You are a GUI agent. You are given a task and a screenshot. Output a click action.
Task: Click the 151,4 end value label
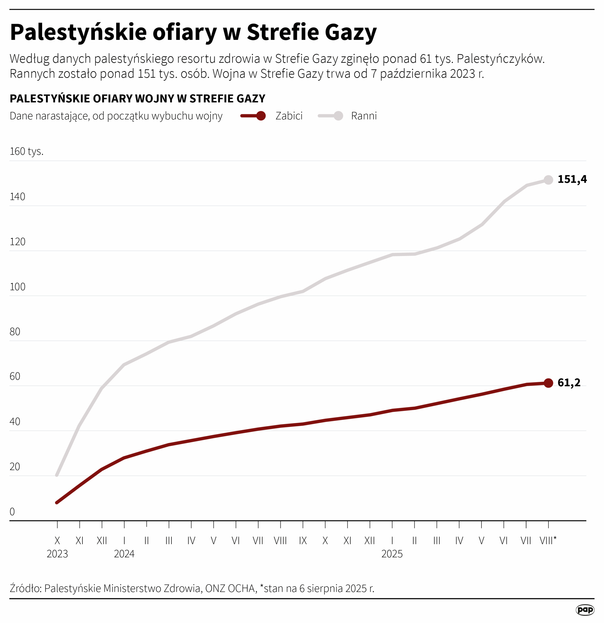click(572, 180)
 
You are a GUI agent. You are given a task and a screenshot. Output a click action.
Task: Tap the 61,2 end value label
click(569, 383)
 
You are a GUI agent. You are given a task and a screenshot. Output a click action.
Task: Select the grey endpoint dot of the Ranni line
click(548, 180)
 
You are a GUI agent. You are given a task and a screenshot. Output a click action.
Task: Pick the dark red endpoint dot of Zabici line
click(548, 383)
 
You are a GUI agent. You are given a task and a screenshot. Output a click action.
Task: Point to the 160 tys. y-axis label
click(26, 151)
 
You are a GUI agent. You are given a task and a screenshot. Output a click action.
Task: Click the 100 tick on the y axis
click(18, 287)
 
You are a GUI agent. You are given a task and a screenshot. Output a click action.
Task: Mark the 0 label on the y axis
click(12, 512)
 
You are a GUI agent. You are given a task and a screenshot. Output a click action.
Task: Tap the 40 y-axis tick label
click(15, 422)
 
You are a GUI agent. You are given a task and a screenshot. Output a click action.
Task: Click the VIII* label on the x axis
click(548, 540)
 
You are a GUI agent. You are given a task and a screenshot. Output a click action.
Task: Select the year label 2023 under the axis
click(57, 554)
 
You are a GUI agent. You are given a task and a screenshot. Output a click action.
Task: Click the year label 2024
click(124, 554)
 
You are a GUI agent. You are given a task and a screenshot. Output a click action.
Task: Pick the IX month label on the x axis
click(303, 540)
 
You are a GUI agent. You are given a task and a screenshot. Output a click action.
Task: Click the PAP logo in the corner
click(585, 610)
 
